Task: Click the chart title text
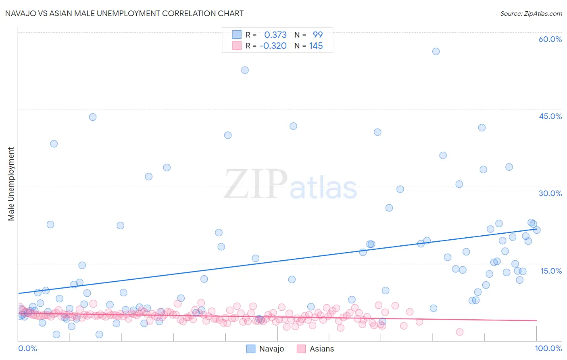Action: click(124, 13)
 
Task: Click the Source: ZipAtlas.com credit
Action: click(531, 13)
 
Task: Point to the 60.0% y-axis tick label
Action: click(550, 39)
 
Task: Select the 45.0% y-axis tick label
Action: click(550, 116)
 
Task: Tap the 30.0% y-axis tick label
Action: click(550, 193)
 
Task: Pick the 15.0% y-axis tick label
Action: click(551, 270)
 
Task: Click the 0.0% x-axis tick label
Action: click(27, 348)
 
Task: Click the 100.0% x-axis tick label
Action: click(548, 348)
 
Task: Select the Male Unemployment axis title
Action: click(11, 184)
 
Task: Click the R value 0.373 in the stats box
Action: click(275, 35)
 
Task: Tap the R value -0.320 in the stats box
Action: click(273, 46)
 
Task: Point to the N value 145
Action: click(316, 46)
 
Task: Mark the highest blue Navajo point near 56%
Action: click(436, 51)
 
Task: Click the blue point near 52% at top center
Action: click(245, 70)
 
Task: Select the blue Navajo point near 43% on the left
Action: click(93, 117)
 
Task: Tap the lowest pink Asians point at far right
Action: click(459, 332)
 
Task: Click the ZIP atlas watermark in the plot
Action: click(290, 184)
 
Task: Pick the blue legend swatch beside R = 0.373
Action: click(237, 35)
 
